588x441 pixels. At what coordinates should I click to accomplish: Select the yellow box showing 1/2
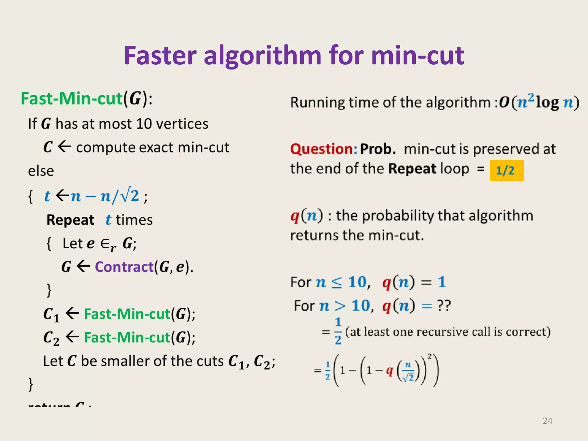click(x=506, y=171)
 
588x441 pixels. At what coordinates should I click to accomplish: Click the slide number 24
click(x=548, y=421)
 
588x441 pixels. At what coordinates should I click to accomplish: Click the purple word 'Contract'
click(x=124, y=267)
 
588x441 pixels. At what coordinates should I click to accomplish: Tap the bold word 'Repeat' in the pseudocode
click(x=70, y=220)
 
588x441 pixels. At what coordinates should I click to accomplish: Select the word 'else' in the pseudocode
click(x=41, y=171)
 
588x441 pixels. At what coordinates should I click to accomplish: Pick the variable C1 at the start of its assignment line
click(x=51, y=314)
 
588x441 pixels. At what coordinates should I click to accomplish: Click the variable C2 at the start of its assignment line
click(x=51, y=338)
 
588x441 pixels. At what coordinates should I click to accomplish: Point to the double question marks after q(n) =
click(x=444, y=305)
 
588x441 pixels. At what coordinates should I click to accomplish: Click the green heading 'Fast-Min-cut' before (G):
click(x=72, y=98)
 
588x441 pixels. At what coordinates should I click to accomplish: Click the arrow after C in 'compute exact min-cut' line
click(x=64, y=147)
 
